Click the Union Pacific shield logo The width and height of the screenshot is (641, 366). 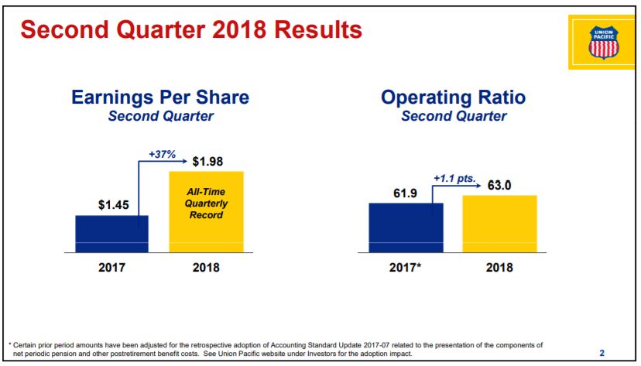[603, 43]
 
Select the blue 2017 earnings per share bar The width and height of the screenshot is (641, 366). [112, 234]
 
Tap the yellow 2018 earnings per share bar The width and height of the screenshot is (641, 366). [207, 211]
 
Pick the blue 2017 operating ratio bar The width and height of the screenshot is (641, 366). [406, 227]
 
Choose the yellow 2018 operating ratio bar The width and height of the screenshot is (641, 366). [499, 224]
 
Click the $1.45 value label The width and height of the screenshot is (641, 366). [113, 204]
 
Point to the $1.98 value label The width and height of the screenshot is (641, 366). [207, 162]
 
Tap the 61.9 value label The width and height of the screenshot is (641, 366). [405, 193]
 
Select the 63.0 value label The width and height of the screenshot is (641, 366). [499, 185]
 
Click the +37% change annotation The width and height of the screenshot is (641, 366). [163, 155]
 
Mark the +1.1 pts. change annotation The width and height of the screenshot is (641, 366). [454, 179]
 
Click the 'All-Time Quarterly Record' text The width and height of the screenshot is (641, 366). [206, 204]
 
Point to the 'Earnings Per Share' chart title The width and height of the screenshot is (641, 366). [160, 97]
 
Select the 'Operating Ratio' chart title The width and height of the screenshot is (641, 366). [454, 97]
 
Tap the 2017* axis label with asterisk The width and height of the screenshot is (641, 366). [405, 268]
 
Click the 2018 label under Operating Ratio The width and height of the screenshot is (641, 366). [499, 268]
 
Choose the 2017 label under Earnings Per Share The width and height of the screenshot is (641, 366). [112, 268]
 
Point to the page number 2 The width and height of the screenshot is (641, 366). [602, 353]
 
